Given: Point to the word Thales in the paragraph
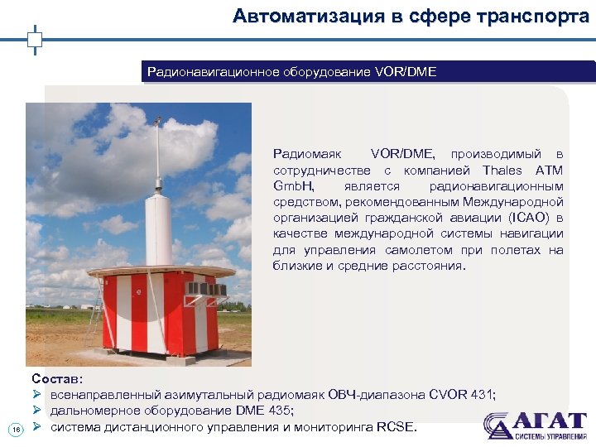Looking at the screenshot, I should [503, 171].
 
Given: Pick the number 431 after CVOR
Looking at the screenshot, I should [480, 395].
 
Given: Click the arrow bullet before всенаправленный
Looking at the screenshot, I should [36, 395].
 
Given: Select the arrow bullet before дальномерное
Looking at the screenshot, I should [36, 411].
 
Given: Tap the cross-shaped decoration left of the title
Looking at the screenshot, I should [36, 38].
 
